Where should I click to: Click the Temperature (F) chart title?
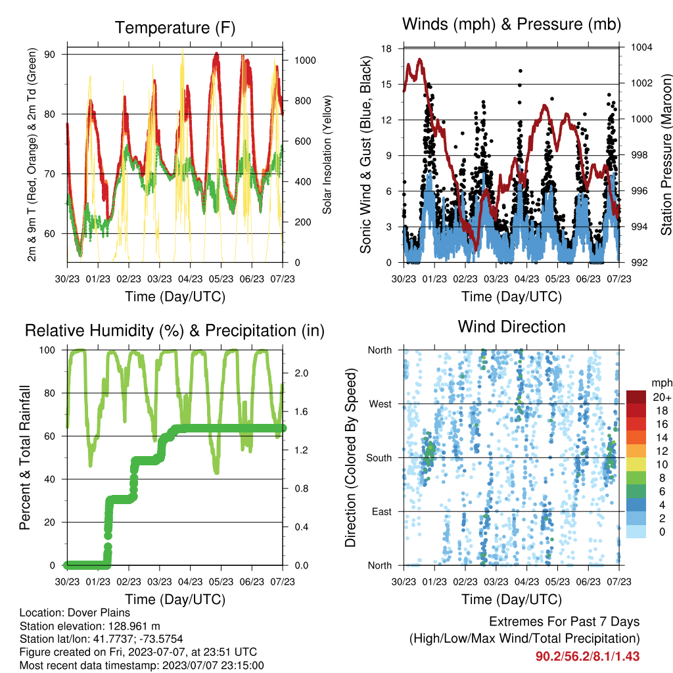(x=175, y=28)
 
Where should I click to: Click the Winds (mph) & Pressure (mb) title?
(x=511, y=24)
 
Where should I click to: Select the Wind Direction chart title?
(x=511, y=327)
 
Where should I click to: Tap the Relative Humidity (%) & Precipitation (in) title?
(x=175, y=331)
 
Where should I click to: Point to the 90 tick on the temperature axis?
(x=50, y=55)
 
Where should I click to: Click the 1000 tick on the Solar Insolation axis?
(x=305, y=60)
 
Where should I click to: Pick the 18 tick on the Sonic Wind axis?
(x=386, y=49)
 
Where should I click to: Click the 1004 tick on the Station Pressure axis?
(x=641, y=47)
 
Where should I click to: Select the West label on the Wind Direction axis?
(x=381, y=404)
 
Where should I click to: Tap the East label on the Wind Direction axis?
(x=382, y=511)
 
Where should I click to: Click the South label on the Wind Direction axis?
(x=379, y=458)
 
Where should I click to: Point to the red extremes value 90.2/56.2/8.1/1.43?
(x=588, y=657)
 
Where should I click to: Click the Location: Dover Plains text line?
(x=75, y=613)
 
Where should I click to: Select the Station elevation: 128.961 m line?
(x=89, y=626)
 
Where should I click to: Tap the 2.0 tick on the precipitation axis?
(x=301, y=373)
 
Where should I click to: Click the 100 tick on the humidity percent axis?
(x=47, y=350)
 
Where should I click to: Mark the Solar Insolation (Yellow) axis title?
(x=327, y=154)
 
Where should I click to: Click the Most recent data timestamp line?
(x=142, y=666)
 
